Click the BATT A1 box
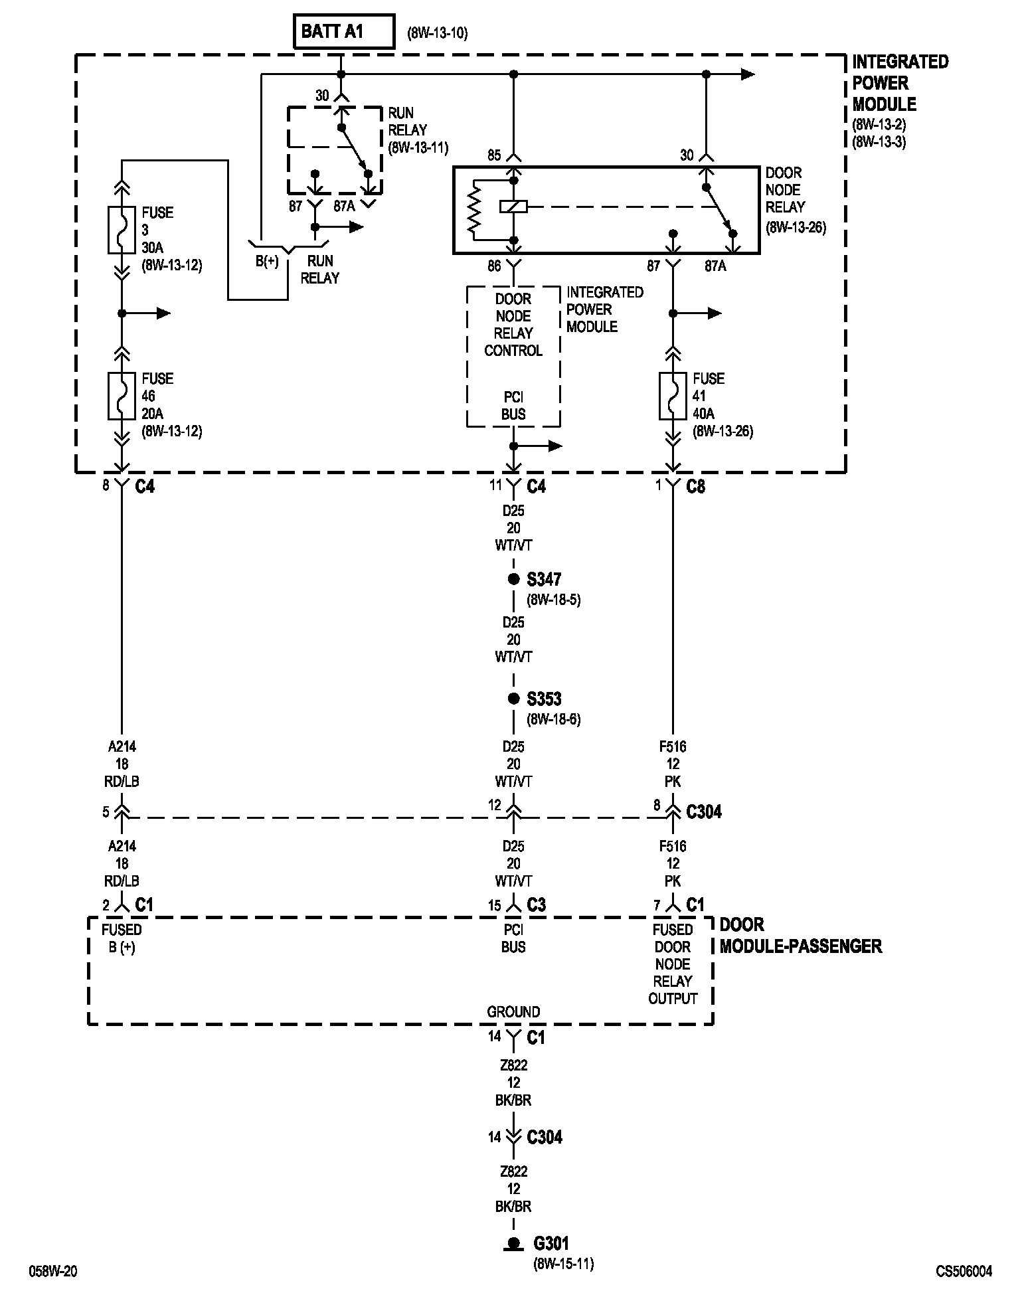pos(344,32)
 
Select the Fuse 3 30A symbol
pos(122,230)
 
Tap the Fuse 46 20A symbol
pos(122,396)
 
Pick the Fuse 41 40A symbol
pos(673,396)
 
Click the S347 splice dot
pos(513,579)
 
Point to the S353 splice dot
pos(513,699)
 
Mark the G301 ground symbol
pos(513,1244)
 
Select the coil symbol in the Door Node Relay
pos(513,207)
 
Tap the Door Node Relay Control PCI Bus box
pos(513,356)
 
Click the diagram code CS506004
pos(964,1271)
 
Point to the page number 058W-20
pos(52,1271)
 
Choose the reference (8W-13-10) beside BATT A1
pos(438,33)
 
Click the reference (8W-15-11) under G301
pos(563,1263)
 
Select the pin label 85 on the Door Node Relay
pos(494,155)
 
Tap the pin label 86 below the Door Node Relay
pos(494,266)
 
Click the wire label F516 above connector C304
pos(673,746)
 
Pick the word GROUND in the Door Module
pos(513,1011)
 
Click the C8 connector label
pos(695,487)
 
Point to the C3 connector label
pos(536,905)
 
